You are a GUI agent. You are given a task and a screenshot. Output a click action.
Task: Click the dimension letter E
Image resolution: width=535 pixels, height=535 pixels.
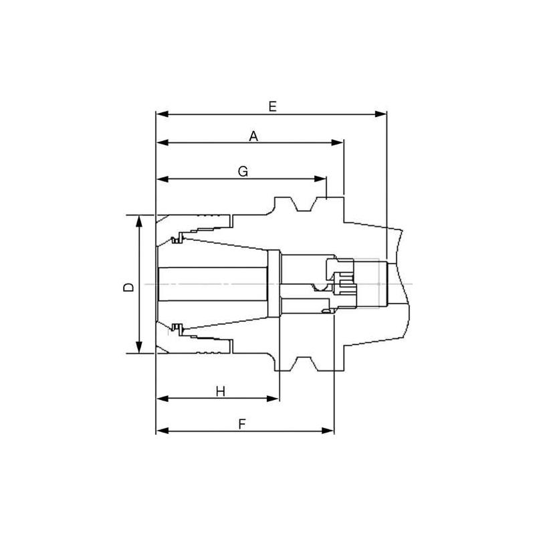point(272,106)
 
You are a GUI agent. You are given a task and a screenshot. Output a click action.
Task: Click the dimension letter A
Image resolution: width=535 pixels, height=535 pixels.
point(253,136)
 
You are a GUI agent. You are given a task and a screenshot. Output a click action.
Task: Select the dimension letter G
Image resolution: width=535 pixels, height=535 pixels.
point(243,172)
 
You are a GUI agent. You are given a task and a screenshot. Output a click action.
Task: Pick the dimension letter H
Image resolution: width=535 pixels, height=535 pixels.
point(220,391)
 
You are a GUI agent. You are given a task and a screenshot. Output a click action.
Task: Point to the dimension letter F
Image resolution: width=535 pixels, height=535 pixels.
point(243,424)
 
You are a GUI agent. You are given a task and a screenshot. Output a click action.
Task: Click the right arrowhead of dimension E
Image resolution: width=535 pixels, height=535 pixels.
point(382,114)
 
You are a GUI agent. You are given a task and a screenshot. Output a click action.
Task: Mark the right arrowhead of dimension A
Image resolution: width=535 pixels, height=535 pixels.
point(338,142)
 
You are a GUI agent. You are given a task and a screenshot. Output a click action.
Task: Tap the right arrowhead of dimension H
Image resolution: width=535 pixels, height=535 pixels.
point(273,399)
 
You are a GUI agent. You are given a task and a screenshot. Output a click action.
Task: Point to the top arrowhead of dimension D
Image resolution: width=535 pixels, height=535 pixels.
point(139,221)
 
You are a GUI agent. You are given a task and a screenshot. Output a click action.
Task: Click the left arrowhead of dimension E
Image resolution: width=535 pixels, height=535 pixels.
point(161,114)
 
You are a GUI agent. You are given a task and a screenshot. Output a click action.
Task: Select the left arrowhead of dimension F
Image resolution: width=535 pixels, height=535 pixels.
point(161,430)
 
